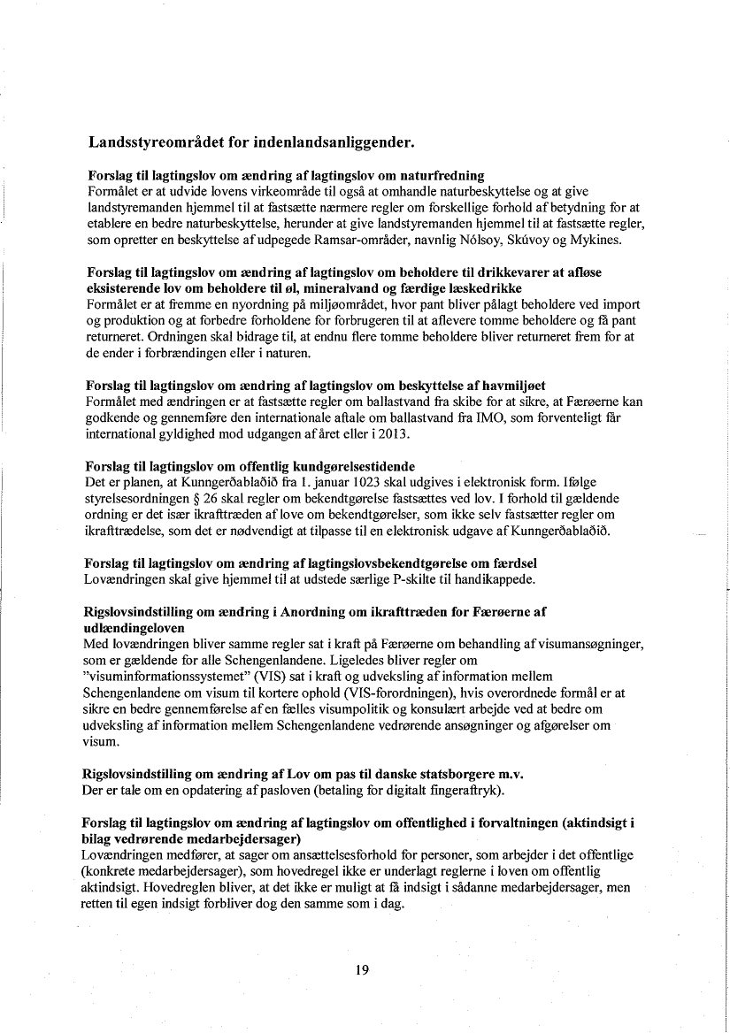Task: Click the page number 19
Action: pos(361,970)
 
